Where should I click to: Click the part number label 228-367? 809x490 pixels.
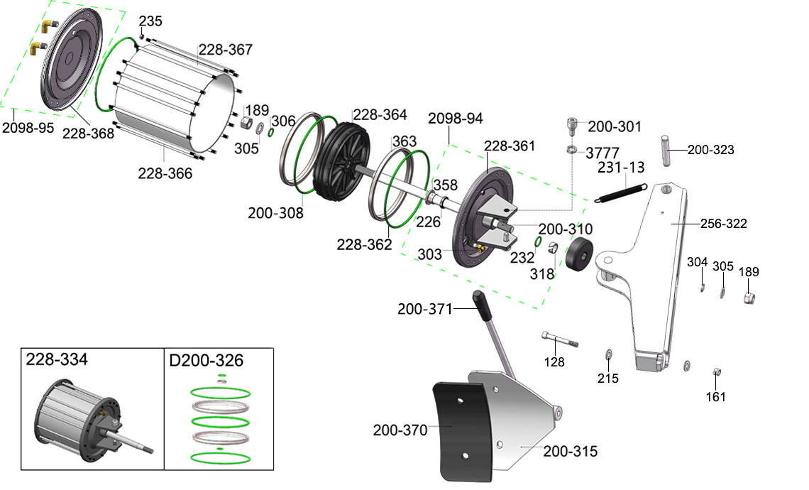point(226,50)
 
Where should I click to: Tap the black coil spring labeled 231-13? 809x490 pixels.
point(620,192)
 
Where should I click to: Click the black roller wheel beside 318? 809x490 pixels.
point(579,254)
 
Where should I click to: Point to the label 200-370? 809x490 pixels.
point(400,430)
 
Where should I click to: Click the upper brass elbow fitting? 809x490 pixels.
point(50,25)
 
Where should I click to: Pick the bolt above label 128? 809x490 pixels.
point(559,339)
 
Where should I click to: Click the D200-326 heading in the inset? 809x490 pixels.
point(206,361)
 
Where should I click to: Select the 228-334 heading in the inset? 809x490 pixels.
point(57,359)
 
